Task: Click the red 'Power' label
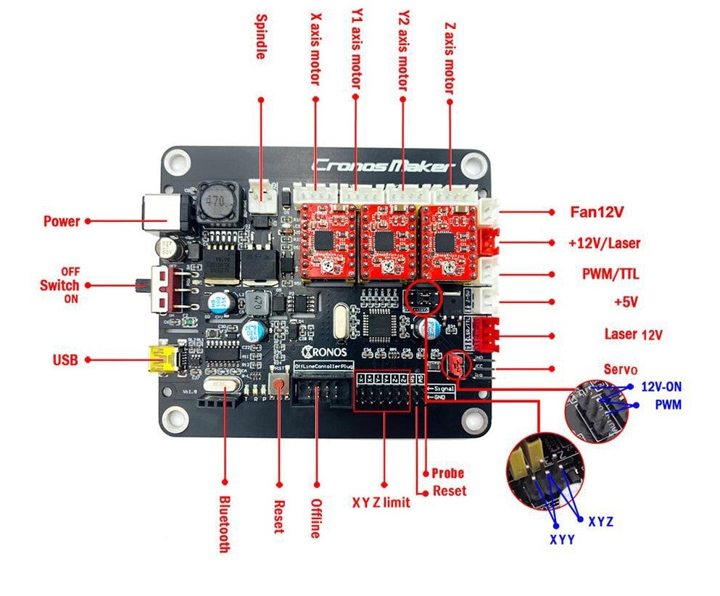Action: click(61, 221)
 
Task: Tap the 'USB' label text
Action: click(65, 359)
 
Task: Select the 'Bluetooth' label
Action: click(224, 523)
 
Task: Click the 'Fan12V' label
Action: click(597, 212)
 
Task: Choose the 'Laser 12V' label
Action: click(634, 334)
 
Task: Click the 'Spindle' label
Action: click(262, 36)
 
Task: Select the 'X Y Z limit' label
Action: click(381, 502)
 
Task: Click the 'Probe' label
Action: click(447, 473)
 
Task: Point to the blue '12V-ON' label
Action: click(660, 386)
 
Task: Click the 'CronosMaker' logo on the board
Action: click(382, 165)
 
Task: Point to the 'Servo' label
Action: click(621, 369)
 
